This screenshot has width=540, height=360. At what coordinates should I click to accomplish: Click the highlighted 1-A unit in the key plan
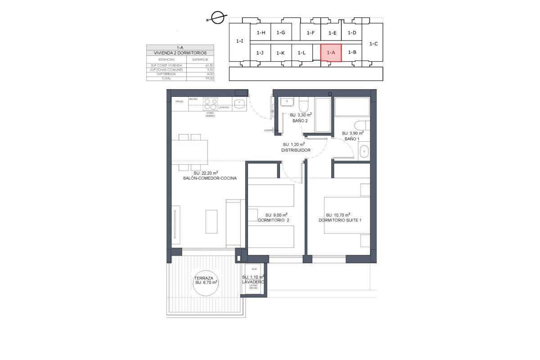coord(331,53)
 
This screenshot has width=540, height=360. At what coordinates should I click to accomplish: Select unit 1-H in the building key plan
coord(261,32)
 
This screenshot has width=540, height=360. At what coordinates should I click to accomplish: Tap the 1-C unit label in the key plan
coord(373,44)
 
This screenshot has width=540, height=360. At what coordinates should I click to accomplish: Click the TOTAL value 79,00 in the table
coord(209,78)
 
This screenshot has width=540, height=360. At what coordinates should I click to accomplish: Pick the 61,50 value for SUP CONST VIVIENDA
coord(209,66)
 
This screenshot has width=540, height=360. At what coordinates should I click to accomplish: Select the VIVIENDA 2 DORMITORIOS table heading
coord(180,53)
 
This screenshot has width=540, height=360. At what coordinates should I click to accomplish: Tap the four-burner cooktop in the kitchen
coord(210,104)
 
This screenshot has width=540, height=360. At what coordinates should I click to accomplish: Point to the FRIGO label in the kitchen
coord(179,102)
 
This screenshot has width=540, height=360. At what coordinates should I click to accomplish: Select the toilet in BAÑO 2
coord(303,106)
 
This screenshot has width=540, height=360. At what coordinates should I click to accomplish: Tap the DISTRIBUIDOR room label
coord(296,150)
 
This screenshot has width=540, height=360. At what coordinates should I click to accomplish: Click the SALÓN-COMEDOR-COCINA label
coord(210,179)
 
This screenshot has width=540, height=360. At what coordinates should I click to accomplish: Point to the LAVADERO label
coord(252,282)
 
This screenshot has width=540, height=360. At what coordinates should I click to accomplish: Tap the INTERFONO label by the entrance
coord(271,131)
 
